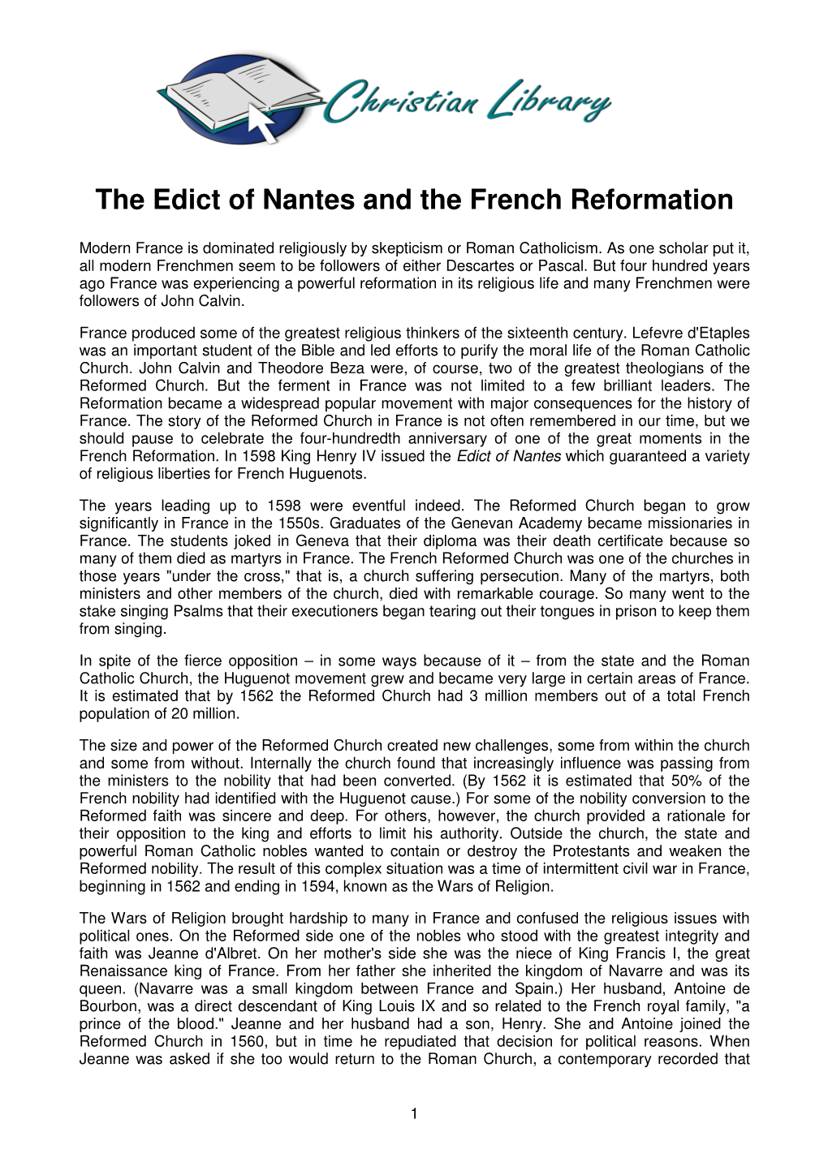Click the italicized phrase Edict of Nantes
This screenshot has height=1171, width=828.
coord(509,456)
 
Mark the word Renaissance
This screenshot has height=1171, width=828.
coord(120,971)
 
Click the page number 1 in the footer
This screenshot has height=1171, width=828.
coord(414,1114)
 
